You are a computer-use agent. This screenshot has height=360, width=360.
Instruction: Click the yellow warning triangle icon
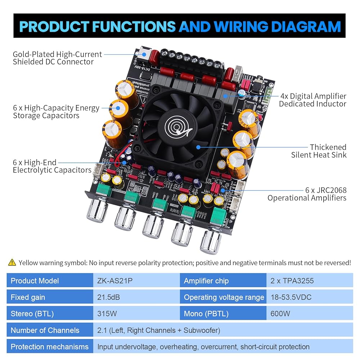[12, 262]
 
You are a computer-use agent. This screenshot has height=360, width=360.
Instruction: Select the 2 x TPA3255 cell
[292, 281]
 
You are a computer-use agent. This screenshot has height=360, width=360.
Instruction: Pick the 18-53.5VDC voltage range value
[291, 297]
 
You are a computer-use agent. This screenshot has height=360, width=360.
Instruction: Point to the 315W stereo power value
[107, 314]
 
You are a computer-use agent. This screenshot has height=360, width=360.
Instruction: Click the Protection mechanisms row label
[50, 347]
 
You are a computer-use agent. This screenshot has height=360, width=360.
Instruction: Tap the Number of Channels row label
[45, 330]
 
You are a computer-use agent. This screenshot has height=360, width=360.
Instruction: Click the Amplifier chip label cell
[206, 281]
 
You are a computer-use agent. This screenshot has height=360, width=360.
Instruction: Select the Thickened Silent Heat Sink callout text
[319, 151]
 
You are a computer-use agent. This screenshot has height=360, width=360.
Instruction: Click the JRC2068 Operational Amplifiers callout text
[307, 194]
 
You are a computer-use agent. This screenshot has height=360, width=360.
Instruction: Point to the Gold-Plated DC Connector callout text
[57, 58]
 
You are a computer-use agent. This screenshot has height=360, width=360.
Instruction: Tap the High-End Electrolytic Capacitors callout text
[52, 166]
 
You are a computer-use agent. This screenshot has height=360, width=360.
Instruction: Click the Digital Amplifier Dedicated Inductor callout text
[312, 100]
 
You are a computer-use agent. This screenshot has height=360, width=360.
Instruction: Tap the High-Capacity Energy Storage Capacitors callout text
[56, 112]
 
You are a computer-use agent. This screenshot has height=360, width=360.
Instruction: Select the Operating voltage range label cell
[224, 297]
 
